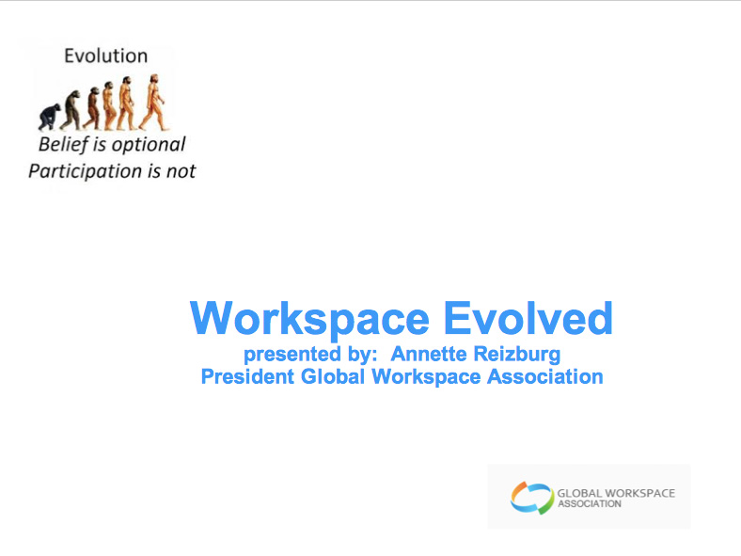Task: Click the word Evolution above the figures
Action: (x=106, y=56)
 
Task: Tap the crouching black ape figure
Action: (x=49, y=118)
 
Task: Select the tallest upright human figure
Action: (x=153, y=103)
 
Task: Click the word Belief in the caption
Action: (x=63, y=145)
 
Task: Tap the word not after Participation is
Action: (x=181, y=171)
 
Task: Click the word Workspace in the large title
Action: (x=310, y=319)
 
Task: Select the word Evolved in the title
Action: (x=528, y=318)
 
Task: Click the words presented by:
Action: (x=310, y=355)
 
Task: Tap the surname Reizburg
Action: (x=517, y=355)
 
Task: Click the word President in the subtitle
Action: (x=247, y=377)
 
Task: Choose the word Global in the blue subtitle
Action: (x=333, y=377)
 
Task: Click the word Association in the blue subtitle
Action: (x=544, y=377)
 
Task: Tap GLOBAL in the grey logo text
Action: (x=579, y=493)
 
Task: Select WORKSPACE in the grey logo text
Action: (x=639, y=493)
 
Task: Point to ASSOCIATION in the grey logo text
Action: (x=590, y=504)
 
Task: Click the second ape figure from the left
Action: (x=71, y=110)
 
